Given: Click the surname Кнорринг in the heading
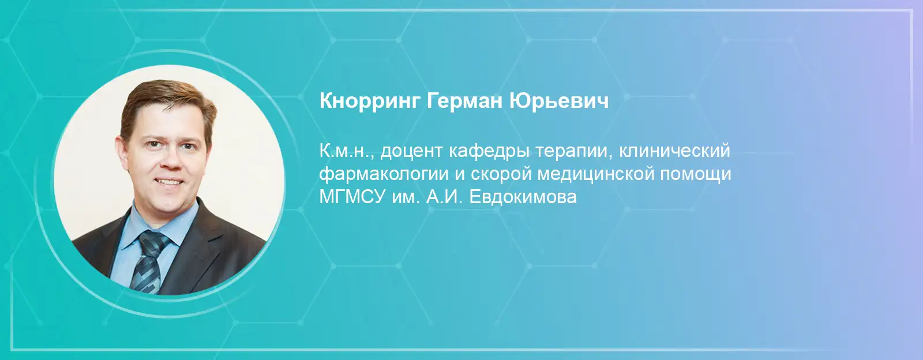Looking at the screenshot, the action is (370, 102).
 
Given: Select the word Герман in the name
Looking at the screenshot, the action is (464, 101).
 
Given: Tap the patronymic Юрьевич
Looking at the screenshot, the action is (559, 101).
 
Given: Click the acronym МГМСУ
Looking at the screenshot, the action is (350, 197).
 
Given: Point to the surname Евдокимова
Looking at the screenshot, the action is (523, 197).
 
